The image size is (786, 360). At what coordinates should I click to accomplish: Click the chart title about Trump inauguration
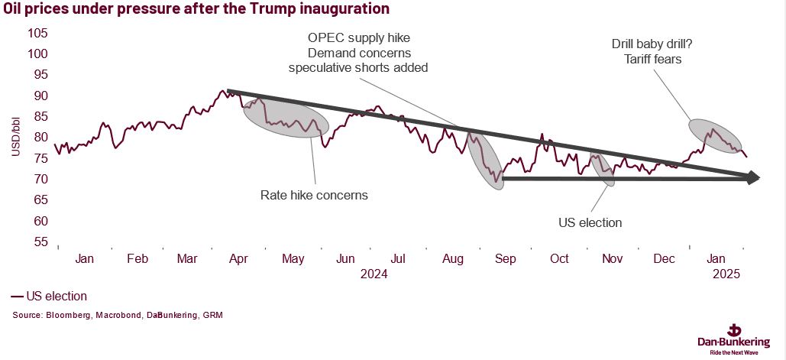click(195, 10)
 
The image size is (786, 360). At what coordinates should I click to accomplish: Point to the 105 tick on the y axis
click(38, 34)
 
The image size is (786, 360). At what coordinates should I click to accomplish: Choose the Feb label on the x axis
click(137, 259)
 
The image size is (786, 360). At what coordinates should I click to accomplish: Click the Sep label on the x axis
click(505, 259)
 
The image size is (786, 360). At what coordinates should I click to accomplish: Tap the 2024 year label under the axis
click(373, 274)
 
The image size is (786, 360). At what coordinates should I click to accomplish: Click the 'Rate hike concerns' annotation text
click(314, 195)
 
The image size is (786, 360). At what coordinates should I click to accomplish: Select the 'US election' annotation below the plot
click(590, 222)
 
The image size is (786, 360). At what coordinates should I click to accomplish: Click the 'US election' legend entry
click(49, 296)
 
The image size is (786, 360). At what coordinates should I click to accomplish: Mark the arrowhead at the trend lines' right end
click(753, 177)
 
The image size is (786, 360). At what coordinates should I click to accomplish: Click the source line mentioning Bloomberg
click(118, 315)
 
